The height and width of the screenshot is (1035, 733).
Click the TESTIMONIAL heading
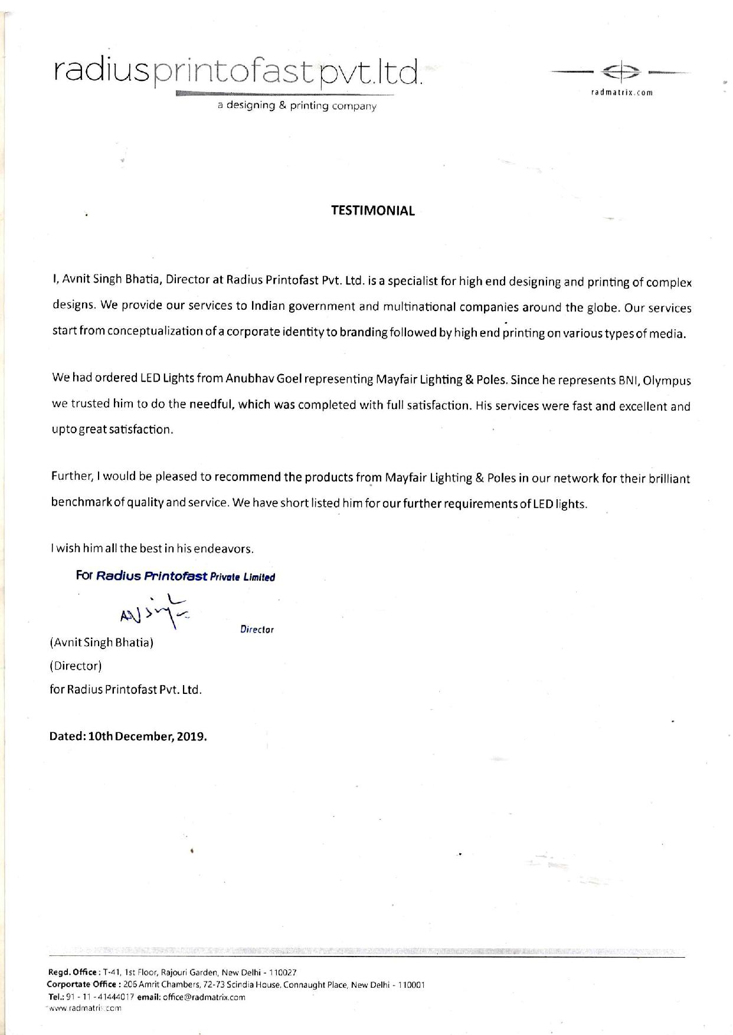point(372,211)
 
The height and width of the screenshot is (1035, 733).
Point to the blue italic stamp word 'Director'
point(257,630)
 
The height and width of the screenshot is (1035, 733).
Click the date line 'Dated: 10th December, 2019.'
point(128,736)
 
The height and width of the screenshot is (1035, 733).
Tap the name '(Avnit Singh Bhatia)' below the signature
point(102,642)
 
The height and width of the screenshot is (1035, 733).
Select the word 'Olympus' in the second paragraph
point(666,381)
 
